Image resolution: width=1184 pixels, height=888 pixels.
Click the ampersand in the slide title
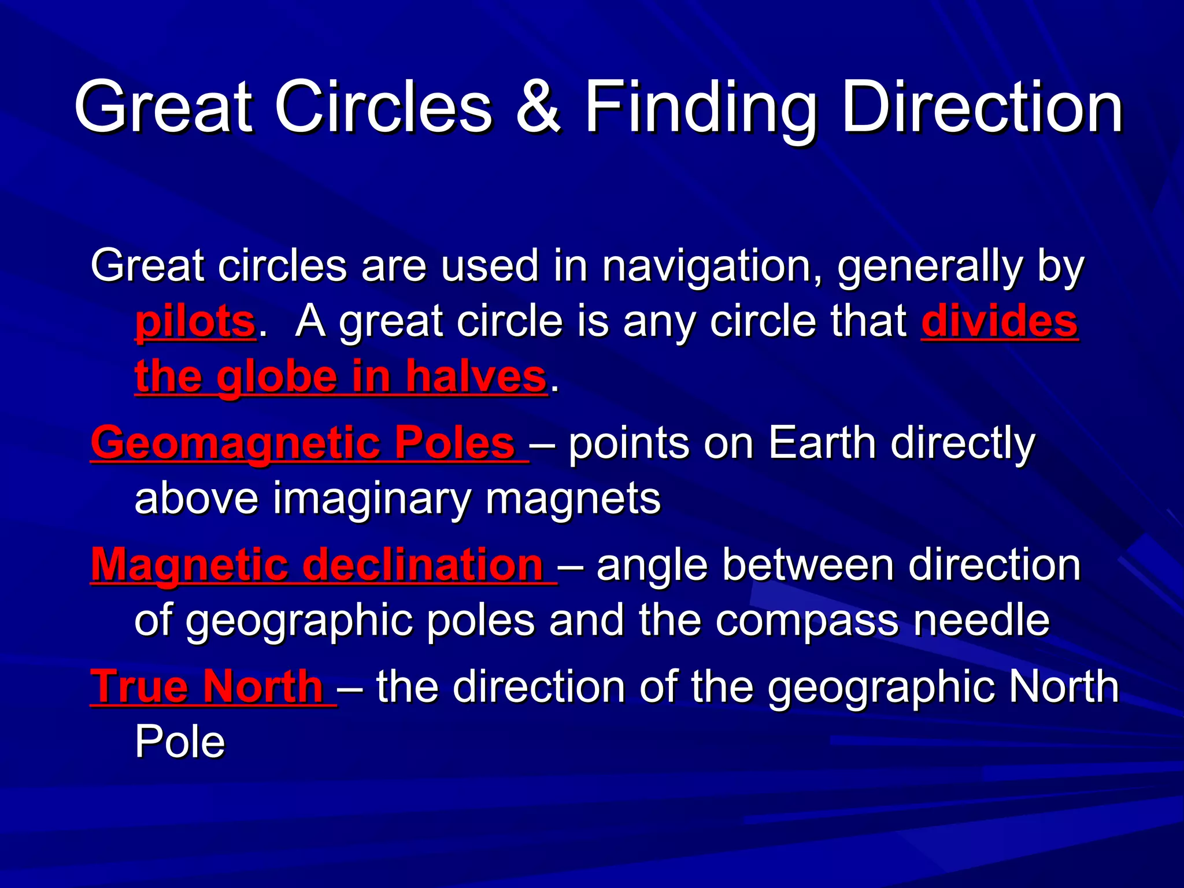click(x=538, y=108)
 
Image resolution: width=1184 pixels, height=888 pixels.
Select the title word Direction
click(x=982, y=108)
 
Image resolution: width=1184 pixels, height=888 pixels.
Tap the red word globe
click(x=277, y=378)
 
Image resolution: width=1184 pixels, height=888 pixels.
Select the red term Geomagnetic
click(x=235, y=444)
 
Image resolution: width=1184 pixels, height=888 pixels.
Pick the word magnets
click(x=573, y=498)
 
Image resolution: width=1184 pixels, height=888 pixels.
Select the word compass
click(x=807, y=621)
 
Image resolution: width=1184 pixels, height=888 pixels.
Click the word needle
click(x=982, y=620)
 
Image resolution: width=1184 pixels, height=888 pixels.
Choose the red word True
click(x=138, y=687)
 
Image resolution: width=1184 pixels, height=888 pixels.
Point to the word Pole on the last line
click(x=180, y=742)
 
